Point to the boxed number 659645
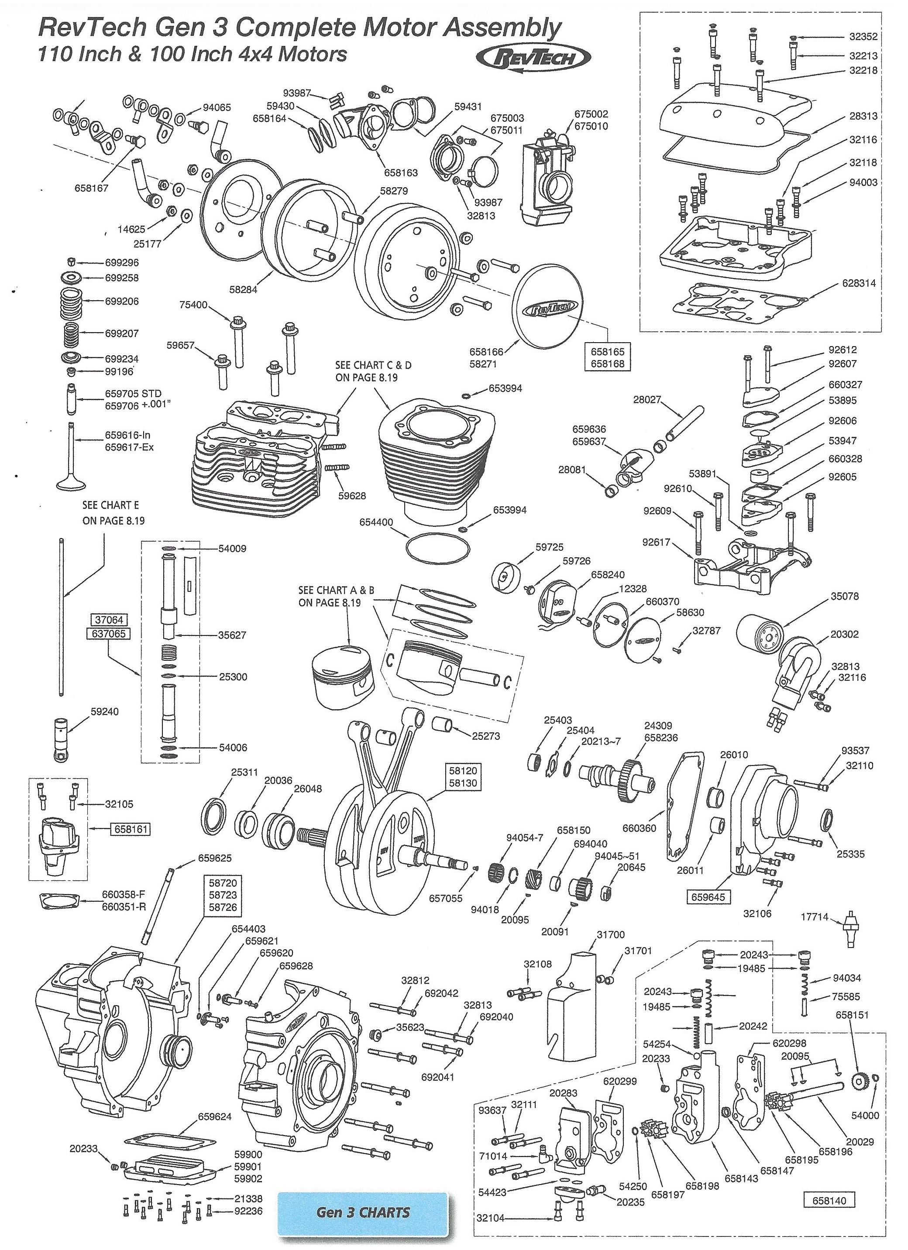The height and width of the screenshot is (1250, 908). click(x=709, y=897)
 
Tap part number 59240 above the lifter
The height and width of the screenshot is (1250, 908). click(x=104, y=711)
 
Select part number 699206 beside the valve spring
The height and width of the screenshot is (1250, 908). click(x=122, y=302)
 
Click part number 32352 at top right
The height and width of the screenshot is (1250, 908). click(x=863, y=37)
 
